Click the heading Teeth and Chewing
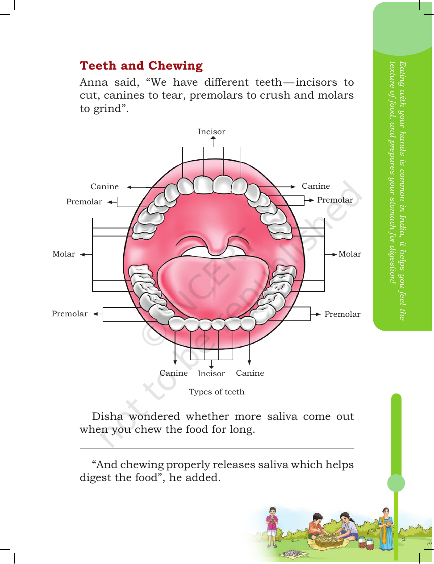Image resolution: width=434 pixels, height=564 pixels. [x=141, y=66]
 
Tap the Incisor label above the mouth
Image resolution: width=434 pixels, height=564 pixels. [x=211, y=132]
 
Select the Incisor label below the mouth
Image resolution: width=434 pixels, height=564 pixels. [x=211, y=373]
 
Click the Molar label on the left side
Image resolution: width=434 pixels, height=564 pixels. [x=64, y=254]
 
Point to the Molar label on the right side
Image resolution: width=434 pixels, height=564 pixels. [x=350, y=254]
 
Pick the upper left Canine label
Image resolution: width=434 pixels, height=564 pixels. [x=104, y=187]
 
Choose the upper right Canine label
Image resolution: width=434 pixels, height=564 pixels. [x=316, y=186]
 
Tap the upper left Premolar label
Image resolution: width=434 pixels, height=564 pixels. [x=84, y=202]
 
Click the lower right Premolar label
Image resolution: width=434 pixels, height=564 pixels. [x=342, y=314]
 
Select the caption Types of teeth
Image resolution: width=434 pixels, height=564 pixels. [x=217, y=392]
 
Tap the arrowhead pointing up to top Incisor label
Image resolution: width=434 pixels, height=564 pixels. [x=213, y=138]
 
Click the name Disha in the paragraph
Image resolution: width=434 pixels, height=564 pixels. [x=107, y=416]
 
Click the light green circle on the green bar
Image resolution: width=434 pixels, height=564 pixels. [x=396, y=483]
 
